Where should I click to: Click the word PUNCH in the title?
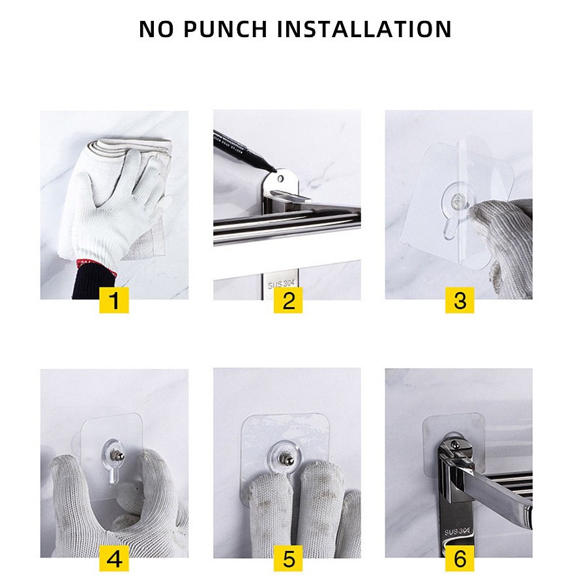click(x=225, y=29)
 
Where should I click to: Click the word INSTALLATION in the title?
click(x=364, y=29)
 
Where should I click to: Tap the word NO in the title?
click(x=156, y=29)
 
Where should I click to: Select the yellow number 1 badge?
click(x=114, y=301)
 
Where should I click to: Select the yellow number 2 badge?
click(x=288, y=301)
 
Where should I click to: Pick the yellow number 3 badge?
click(x=460, y=301)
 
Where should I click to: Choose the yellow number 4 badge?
click(x=114, y=559)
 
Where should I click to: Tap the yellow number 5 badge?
click(x=288, y=559)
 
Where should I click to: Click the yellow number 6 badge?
click(x=460, y=559)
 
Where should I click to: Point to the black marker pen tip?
click(x=274, y=170)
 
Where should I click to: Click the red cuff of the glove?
click(x=96, y=267)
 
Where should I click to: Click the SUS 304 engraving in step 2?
click(x=281, y=284)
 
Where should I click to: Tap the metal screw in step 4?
click(x=119, y=456)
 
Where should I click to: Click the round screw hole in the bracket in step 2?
click(x=280, y=179)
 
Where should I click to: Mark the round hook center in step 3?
click(x=458, y=201)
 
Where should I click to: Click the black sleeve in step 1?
click(x=93, y=283)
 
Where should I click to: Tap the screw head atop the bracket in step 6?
click(x=455, y=445)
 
